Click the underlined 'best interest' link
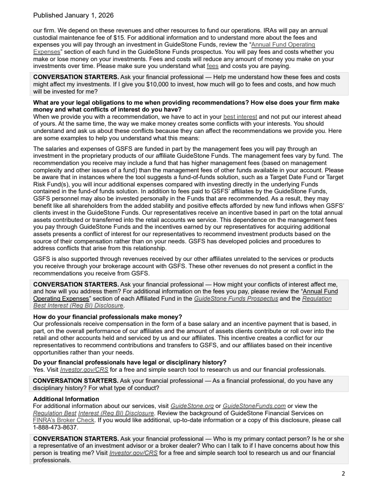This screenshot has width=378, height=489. [240, 117]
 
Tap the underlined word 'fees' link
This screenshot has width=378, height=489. [213, 66]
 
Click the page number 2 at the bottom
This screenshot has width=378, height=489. [343, 474]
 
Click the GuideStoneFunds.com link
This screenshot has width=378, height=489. [254, 406]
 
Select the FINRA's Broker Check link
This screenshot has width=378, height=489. [63, 420]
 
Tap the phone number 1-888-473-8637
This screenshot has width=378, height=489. [55, 427]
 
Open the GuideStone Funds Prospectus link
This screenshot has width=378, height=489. [236, 299]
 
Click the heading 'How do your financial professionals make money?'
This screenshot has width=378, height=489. [107, 317]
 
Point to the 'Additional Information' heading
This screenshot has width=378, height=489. [66, 399]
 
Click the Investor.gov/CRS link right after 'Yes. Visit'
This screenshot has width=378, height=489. [84, 370]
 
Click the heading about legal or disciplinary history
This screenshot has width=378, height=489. [130, 363]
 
